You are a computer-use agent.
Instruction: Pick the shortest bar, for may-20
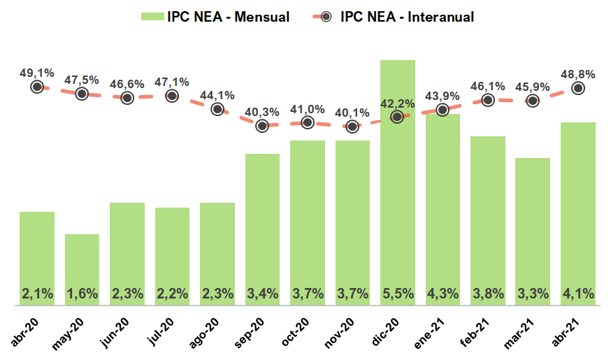click(82, 270)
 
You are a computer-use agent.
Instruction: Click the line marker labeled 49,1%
click(37, 87)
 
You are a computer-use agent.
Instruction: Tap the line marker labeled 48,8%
click(578, 88)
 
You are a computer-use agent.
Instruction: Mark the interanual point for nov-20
click(352, 127)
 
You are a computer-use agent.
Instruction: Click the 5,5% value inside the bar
click(397, 294)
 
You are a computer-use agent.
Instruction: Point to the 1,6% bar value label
click(82, 294)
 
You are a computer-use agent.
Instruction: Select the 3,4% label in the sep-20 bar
click(262, 294)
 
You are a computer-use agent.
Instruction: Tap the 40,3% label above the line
click(262, 110)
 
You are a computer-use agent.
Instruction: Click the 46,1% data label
click(487, 85)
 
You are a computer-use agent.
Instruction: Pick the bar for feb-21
click(487, 221)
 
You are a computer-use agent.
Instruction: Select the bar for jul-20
click(172, 257)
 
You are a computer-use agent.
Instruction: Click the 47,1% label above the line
click(172, 81)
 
